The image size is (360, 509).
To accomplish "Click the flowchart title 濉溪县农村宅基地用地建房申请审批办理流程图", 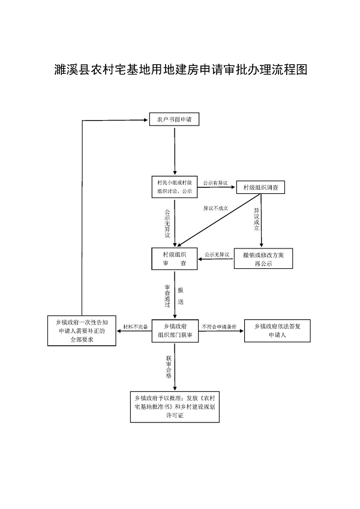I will tap(180, 70).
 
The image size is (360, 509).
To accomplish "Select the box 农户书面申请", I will tap(174, 119).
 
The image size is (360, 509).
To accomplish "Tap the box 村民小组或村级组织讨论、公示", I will tap(174, 187).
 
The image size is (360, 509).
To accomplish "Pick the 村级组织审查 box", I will tap(174, 259).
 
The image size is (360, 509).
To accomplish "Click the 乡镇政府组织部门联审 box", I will tap(174, 331).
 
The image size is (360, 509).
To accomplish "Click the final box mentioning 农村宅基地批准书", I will tap(175, 406).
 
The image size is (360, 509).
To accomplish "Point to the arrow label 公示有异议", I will tap(215, 182).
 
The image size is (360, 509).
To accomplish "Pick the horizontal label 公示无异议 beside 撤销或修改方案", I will tap(217, 254).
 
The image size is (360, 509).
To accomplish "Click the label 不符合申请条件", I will tap(220, 327).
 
